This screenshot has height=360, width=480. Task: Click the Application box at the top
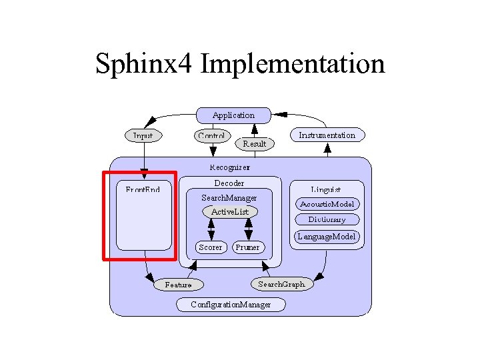pos(233,115)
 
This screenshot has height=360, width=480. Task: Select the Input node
pos(143,135)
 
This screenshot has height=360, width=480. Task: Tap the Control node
pos(211,135)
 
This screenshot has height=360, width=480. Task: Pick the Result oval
pos(254,143)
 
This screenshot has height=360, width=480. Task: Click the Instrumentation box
pos(327,135)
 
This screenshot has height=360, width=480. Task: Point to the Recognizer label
pos(229,167)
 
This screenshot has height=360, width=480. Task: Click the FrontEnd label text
pos(143,189)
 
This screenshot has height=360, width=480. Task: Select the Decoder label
pos(229,183)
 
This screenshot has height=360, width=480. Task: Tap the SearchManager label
pos(229,198)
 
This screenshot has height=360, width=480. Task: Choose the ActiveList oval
pos(229,211)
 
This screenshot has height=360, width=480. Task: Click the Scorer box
pos(211,247)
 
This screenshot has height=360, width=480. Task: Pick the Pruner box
pos(247,247)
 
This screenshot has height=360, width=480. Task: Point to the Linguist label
pos(326,189)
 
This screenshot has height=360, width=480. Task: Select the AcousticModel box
pos(327,204)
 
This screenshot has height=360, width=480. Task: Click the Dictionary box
pos(327,219)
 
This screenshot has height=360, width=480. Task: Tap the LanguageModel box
pos(327,236)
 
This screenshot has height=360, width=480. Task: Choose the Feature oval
pos(178,285)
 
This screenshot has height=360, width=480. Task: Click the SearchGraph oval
pos(281,284)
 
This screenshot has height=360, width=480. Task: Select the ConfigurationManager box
pos(231,305)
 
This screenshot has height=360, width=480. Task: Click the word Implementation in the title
pos(292,64)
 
